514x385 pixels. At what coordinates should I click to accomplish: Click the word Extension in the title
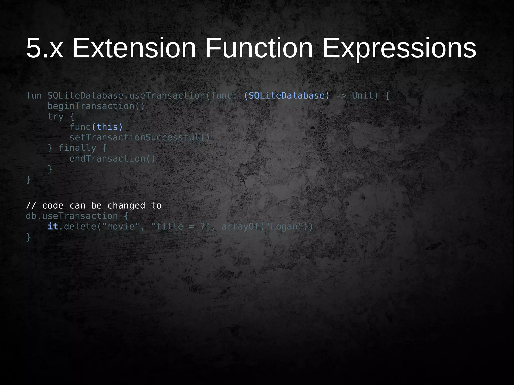pyautogui.click(x=134, y=48)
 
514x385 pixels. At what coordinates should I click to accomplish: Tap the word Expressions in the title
pyautogui.click(x=399, y=48)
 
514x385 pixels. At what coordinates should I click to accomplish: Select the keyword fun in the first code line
pyautogui.click(x=34, y=96)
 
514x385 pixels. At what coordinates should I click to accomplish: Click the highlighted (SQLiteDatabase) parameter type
pyautogui.click(x=286, y=96)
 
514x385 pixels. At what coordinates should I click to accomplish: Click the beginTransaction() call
pyautogui.click(x=96, y=106)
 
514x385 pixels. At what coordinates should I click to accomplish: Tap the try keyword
pyautogui.click(x=55, y=117)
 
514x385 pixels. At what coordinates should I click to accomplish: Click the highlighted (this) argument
pyautogui.click(x=107, y=127)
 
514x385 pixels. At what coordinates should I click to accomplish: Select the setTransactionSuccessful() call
pyautogui.click(x=139, y=138)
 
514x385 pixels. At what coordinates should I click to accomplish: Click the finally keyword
pyautogui.click(x=77, y=148)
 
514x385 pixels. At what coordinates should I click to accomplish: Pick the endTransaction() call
pyautogui.click(x=112, y=159)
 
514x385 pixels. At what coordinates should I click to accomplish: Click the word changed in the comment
pyautogui.click(x=126, y=206)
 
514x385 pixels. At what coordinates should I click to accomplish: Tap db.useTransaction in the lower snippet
pyautogui.click(x=72, y=216)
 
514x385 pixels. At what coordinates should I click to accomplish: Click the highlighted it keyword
pyautogui.click(x=53, y=227)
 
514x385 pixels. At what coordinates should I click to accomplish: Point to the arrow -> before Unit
pyautogui.click(x=341, y=96)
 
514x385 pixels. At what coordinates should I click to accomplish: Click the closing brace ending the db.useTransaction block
pyautogui.click(x=28, y=237)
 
